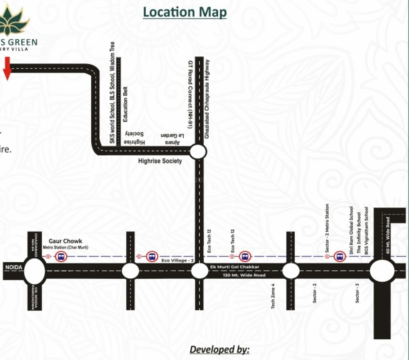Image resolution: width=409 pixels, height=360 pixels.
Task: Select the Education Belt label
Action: click(x=125, y=104)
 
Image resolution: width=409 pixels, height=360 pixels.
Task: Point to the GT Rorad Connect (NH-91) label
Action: click(x=190, y=94)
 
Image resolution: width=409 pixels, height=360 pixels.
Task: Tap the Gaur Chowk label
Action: click(x=65, y=241)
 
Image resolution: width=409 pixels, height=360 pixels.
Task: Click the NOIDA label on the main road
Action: click(x=13, y=267)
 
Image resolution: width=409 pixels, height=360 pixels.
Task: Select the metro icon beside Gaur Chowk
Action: click(x=61, y=257)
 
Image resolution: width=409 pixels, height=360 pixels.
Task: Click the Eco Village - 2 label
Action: click(x=178, y=260)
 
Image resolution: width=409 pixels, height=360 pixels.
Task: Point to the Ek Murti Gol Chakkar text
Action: click(x=234, y=267)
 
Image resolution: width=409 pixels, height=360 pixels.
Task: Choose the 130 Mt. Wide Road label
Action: click(x=238, y=275)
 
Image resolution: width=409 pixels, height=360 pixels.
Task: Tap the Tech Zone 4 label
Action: click(x=273, y=296)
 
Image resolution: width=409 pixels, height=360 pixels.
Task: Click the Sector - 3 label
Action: click(x=357, y=293)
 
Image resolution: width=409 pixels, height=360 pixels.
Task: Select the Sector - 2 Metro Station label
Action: click(x=327, y=228)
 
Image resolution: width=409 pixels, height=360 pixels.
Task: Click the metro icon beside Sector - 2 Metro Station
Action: click(x=340, y=257)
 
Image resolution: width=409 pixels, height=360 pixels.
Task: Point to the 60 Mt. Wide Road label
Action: click(x=388, y=235)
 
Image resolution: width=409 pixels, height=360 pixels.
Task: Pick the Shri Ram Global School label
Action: click(x=351, y=230)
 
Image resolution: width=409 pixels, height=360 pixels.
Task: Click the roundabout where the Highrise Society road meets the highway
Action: click(x=198, y=152)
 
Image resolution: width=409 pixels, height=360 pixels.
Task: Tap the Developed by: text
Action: click(x=219, y=350)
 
